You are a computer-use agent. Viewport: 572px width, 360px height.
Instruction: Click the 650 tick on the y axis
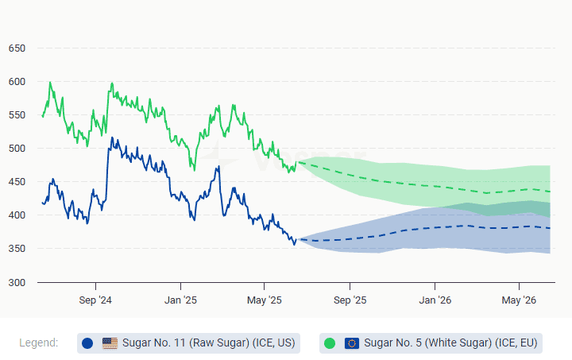(x=17, y=48)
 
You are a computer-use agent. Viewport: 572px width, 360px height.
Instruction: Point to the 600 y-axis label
(x=17, y=82)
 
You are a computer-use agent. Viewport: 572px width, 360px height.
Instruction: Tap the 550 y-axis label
(x=17, y=115)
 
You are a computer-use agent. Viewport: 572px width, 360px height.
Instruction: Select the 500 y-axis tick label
(x=17, y=149)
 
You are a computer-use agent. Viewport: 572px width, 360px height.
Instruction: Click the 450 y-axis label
(x=17, y=182)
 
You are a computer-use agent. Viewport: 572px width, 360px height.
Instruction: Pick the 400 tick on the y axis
(x=17, y=216)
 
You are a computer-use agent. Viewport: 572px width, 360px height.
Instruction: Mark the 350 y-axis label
(x=17, y=250)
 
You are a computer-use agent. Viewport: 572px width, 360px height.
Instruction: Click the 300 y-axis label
(x=17, y=283)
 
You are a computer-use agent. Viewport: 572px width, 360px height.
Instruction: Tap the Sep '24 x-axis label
(x=95, y=300)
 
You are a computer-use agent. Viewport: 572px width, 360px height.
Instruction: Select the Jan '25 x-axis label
(x=180, y=300)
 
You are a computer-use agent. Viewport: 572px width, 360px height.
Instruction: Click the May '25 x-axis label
(x=265, y=300)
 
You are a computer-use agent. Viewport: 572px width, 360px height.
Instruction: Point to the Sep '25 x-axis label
(x=350, y=300)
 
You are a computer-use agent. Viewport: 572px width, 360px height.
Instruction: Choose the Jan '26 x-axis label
(x=435, y=300)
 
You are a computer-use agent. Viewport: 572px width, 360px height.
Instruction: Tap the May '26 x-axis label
(x=519, y=300)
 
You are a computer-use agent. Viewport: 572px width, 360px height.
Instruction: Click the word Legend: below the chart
(x=39, y=343)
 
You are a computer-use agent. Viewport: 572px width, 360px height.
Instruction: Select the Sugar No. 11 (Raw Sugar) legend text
(x=208, y=343)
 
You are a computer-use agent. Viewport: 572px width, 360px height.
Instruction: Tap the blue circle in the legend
(x=87, y=343)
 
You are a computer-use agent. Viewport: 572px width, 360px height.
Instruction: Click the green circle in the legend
(x=330, y=343)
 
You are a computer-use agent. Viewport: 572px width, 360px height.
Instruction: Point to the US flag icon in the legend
(x=110, y=343)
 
